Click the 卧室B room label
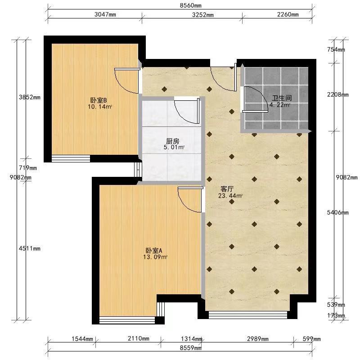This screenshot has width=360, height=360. [99, 100]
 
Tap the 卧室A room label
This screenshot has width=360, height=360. [154, 251]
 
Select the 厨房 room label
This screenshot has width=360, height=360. [172, 141]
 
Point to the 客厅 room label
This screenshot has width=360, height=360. [227, 189]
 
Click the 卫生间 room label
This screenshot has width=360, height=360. [282, 98]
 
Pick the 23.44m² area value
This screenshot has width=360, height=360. [230, 196]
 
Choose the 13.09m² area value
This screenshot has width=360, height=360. [155, 257]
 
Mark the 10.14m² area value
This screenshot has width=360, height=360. [100, 107]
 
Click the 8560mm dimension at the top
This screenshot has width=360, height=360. [190, 5]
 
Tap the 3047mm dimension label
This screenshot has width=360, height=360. [105, 14]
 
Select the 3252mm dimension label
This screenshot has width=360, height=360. [203, 15]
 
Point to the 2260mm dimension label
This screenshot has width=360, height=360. [288, 14]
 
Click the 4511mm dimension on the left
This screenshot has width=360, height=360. [30, 248]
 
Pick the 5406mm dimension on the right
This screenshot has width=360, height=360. [338, 212]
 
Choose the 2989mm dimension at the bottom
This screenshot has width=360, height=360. [258, 339]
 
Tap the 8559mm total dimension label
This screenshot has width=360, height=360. [190, 348]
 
